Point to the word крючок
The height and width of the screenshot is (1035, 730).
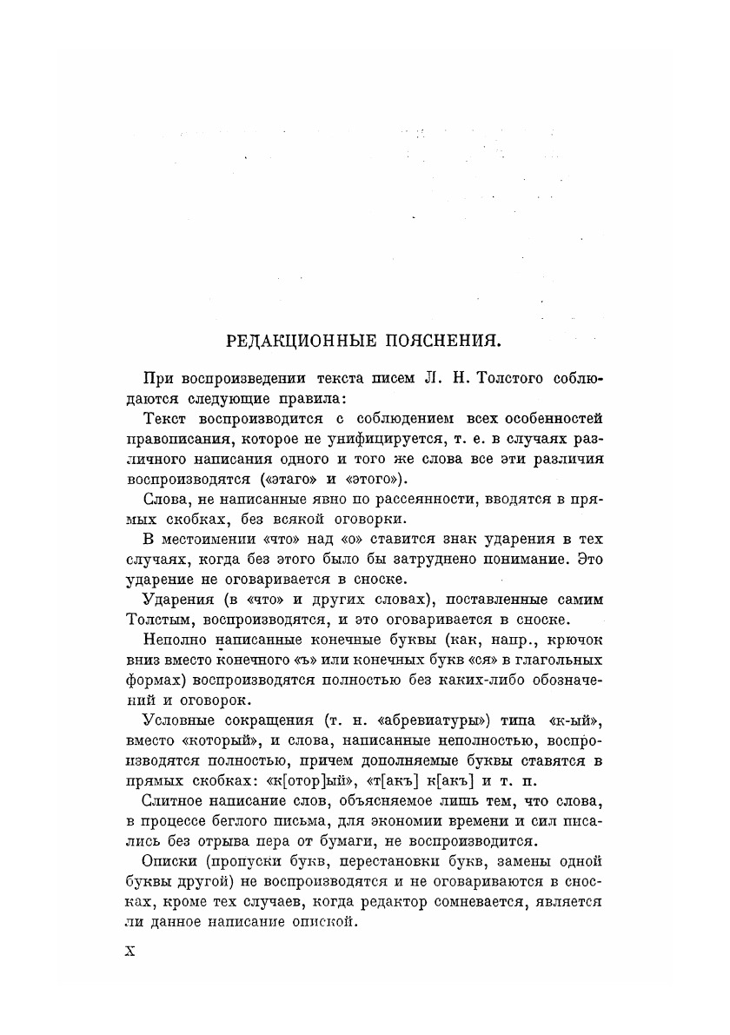pos(573,639)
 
